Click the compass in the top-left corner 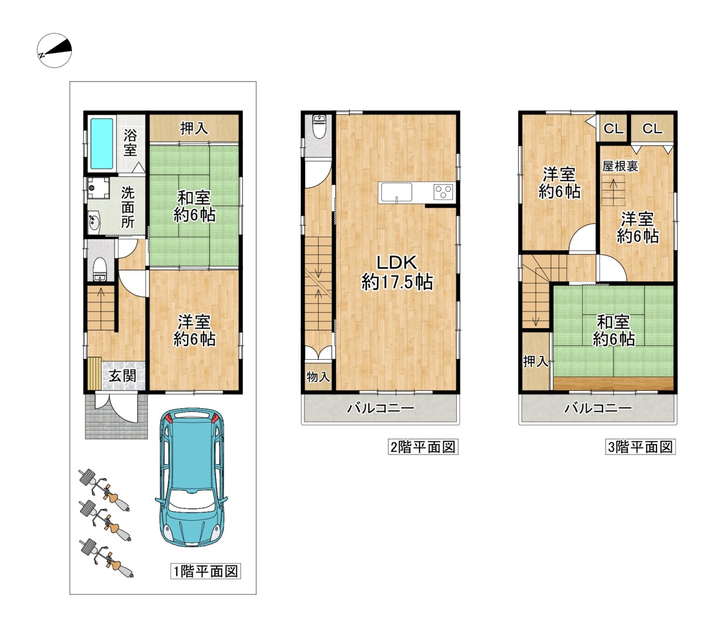point(54,50)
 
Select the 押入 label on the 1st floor point(194,128)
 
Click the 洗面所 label point(128,208)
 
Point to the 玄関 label point(122,376)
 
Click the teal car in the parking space point(192,477)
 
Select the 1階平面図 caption point(206,571)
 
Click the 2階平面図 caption point(423,446)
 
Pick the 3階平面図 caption point(640,446)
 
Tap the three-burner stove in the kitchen point(443,192)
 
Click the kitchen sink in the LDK point(396,192)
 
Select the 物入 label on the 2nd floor point(318,376)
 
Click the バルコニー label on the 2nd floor point(381,408)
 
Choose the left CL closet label point(613,129)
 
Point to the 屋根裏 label point(620,166)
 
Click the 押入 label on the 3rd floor point(536,361)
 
